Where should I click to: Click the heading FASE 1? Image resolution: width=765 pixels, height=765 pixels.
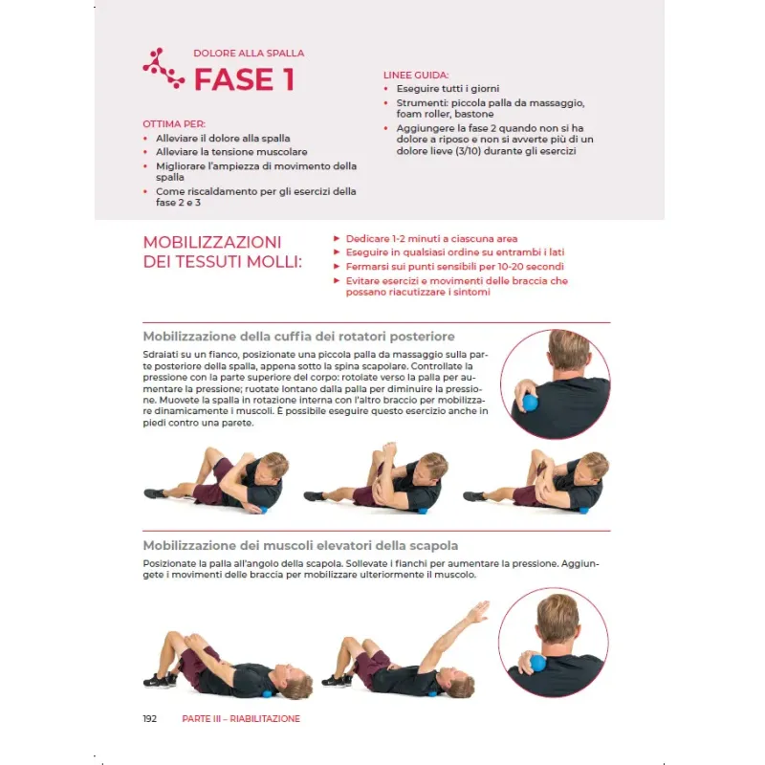(244, 79)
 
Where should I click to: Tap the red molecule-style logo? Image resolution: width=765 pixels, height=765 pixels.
(164, 68)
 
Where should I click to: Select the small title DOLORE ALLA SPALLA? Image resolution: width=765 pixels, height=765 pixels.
(249, 54)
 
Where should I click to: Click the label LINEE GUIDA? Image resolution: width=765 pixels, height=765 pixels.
(416, 76)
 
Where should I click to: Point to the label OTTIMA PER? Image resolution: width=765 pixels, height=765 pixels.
(174, 124)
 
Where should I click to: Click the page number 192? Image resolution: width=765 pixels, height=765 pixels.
(150, 719)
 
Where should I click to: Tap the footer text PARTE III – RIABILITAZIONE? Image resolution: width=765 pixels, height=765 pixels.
(241, 719)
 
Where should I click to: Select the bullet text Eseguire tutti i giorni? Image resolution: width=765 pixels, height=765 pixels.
(448, 89)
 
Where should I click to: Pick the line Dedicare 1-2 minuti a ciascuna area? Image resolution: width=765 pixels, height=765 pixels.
(432, 238)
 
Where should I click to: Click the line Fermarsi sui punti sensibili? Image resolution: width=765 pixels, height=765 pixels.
(455, 267)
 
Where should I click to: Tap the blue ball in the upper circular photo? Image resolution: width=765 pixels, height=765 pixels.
(530, 403)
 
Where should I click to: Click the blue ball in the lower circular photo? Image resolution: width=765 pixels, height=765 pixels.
(536, 663)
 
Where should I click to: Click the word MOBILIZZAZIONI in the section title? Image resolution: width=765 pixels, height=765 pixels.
(212, 243)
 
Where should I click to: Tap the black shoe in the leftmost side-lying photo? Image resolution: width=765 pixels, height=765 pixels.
(155, 493)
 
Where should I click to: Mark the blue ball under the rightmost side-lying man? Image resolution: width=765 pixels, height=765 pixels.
(583, 511)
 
